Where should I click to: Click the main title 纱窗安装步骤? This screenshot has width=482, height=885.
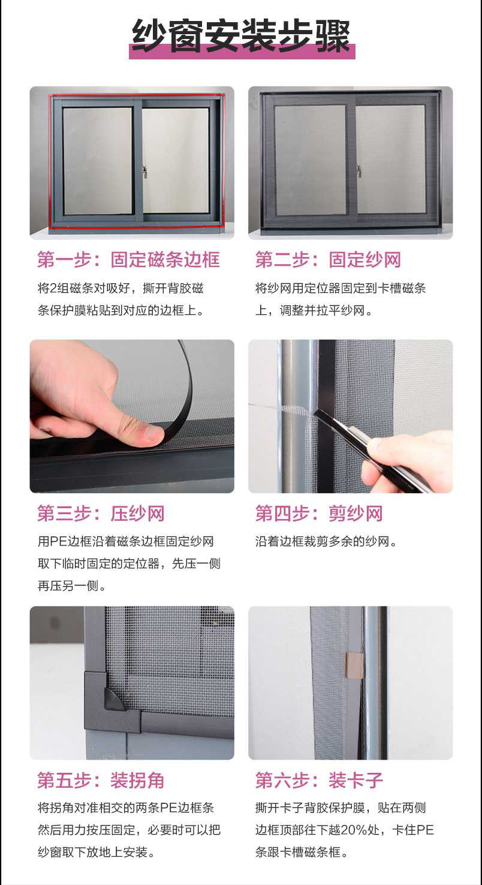pyautogui.click(x=241, y=36)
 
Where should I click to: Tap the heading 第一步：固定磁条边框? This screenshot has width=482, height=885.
pyautogui.click(x=128, y=260)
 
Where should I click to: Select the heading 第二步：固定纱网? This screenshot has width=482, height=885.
pyautogui.click(x=328, y=260)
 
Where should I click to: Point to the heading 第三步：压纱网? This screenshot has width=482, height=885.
pyautogui.click(x=101, y=513)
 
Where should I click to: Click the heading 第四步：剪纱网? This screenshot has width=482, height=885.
pyautogui.click(x=319, y=513)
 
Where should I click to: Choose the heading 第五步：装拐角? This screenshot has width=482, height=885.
pyautogui.click(x=101, y=780)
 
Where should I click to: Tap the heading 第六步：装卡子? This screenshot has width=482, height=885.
pyautogui.click(x=319, y=780)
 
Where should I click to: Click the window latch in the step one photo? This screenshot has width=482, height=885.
pyautogui.click(x=145, y=172)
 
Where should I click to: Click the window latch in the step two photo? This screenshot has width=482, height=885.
pyautogui.click(x=359, y=170)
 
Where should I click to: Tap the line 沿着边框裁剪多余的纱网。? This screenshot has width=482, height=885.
pyautogui.click(x=326, y=541)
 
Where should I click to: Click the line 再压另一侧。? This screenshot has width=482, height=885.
pyautogui.click(x=72, y=586)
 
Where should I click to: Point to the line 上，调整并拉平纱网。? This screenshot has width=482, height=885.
pyautogui.click(x=314, y=311)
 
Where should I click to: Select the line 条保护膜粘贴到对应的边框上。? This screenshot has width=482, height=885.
pyautogui.click(x=120, y=311)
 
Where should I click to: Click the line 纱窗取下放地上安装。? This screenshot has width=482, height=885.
pyautogui.click(x=97, y=852)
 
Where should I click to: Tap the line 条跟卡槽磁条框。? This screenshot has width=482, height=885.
pyautogui.click(x=302, y=852)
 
